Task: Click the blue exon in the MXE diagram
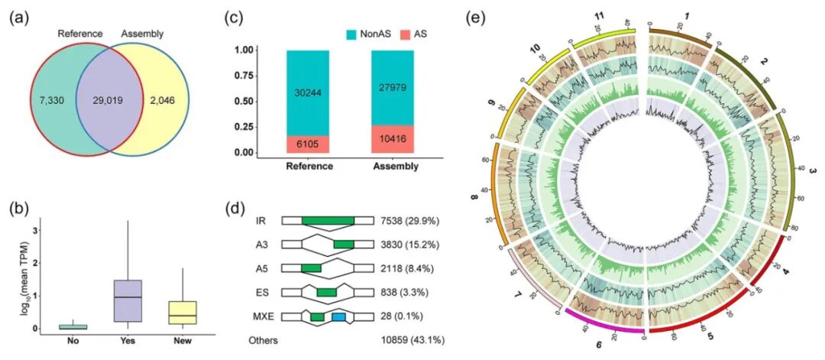tap(338, 316)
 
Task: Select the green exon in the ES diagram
tap(327, 292)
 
